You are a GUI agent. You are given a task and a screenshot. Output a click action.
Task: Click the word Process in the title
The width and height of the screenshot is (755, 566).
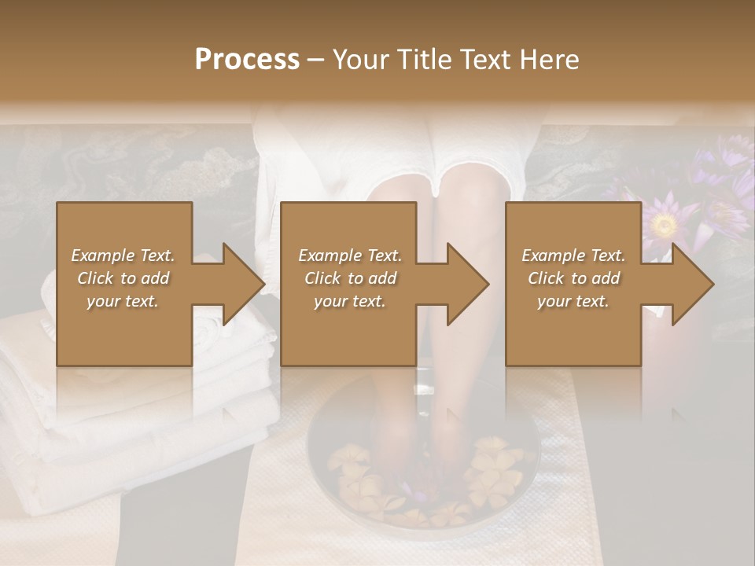tap(247, 60)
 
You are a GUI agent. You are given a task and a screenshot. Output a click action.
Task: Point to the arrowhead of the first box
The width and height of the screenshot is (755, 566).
tap(244, 284)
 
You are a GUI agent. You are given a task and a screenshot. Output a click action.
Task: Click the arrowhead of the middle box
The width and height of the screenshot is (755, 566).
tap(469, 284)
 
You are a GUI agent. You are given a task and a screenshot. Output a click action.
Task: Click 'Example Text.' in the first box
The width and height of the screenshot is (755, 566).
tap(123, 255)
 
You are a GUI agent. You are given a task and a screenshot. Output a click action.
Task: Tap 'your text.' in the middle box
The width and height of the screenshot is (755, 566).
tap(349, 301)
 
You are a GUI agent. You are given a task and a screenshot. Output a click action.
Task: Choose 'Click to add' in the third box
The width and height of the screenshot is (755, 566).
tap(573, 278)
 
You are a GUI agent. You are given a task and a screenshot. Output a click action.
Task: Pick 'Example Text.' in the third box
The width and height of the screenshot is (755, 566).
tap(573, 255)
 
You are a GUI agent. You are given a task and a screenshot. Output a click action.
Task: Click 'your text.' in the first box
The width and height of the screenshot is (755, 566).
tap(123, 301)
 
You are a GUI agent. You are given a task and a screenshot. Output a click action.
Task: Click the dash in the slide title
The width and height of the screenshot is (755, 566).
tap(316, 60)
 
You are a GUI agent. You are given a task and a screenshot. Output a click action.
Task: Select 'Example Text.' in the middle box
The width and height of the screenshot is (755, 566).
tap(349, 255)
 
